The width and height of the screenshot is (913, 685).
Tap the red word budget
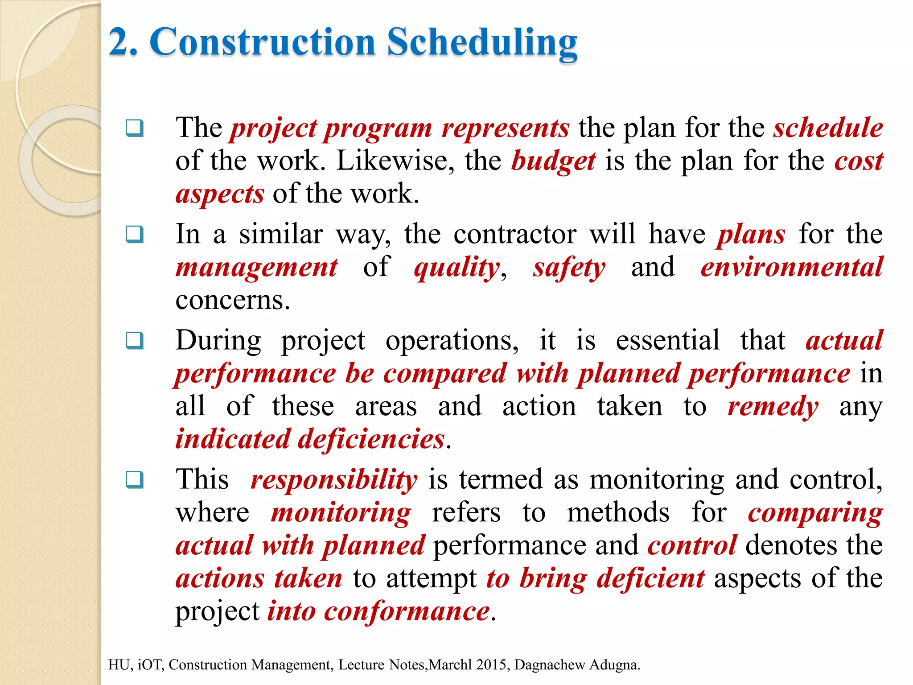point(553,161)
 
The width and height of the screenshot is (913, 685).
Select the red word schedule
point(828,128)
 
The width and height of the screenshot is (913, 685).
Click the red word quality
point(457,268)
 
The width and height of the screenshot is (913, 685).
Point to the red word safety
point(569,268)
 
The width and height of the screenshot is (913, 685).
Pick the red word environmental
point(791,268)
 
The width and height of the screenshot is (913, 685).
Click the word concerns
point(232,301)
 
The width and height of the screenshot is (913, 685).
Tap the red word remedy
point(773,407)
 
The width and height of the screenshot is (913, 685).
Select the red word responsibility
point(334,480)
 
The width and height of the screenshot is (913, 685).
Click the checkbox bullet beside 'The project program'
point(135,128)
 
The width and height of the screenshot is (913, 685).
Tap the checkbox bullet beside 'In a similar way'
point(135,234)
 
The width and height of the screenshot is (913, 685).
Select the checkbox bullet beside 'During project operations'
point(135,341)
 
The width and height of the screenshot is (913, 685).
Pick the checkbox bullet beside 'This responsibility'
point(135,480)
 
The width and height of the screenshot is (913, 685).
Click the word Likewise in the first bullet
point(395,161)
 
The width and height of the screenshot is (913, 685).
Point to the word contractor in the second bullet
point(514,235)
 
